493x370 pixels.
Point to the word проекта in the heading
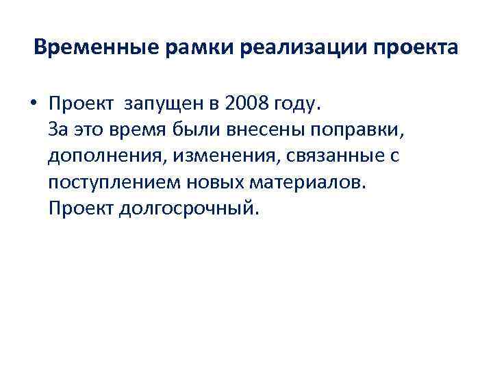click(x=418, y=50)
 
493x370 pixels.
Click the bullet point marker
click(x=33, y=104)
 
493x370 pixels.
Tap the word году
click(x=296, y=104)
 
